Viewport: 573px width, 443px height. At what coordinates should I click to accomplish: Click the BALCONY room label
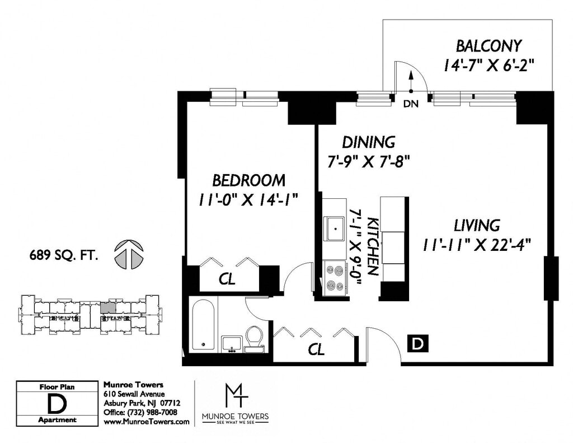(489, 46)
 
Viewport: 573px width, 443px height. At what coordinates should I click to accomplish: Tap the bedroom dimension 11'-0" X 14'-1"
(248, 200)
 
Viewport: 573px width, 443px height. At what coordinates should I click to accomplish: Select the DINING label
(368, 142)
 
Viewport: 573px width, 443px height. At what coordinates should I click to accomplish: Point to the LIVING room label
(477, 225)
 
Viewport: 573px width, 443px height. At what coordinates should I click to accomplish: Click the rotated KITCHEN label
(372, 246)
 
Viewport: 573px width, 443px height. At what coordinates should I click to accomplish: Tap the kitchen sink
(335, 229)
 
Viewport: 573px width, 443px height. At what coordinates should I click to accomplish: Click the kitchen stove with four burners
(335, 278)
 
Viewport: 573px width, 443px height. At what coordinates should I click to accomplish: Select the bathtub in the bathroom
(203, 326)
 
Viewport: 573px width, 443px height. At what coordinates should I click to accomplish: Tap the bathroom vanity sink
(231, 344)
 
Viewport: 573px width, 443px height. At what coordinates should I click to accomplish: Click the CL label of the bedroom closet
(227, 279)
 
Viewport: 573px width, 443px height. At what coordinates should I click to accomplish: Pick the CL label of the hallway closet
(316, 349)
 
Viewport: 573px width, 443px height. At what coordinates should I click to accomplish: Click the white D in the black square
(417, 344)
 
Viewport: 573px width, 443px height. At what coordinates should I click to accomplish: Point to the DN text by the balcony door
(411, 104)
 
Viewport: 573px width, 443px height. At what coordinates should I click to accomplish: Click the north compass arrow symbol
(129, 254)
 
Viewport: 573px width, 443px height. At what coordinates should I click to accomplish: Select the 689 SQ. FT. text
(64, 255)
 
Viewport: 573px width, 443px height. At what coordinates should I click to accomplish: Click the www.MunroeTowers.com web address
(147, 421)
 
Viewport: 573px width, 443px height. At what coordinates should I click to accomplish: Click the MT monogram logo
(236, 396)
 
